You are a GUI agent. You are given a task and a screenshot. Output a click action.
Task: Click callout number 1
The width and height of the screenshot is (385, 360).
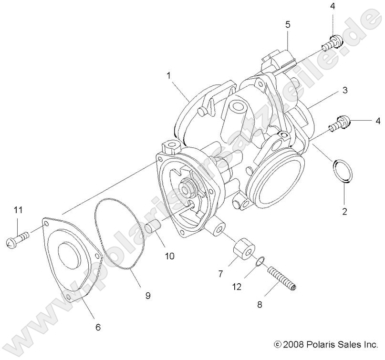pos(168,75)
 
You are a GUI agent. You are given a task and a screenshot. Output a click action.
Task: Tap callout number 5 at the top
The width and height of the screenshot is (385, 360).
pos(288,24)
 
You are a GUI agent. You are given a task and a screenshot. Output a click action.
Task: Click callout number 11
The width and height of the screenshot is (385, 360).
pos(18,210)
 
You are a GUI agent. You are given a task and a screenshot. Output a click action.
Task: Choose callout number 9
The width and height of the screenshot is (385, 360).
pos(147,296)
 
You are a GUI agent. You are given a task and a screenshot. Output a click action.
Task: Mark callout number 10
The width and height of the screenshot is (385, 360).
pos(169,256)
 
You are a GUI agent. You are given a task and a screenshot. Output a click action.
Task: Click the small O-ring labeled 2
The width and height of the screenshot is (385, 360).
pos(343,171)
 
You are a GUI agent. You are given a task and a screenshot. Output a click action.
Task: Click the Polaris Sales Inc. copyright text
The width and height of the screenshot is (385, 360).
pos(326,344)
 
